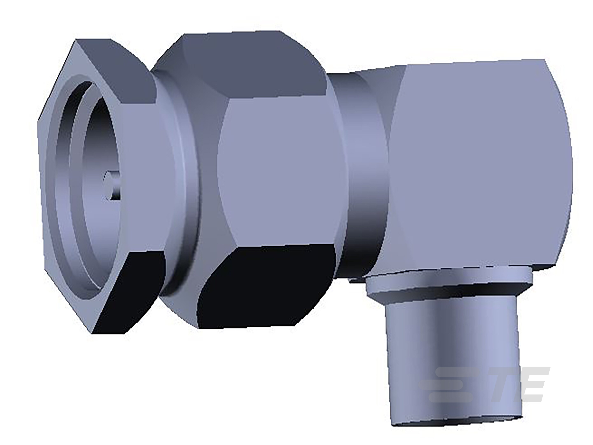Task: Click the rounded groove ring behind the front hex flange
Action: click(x=185, y=174)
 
